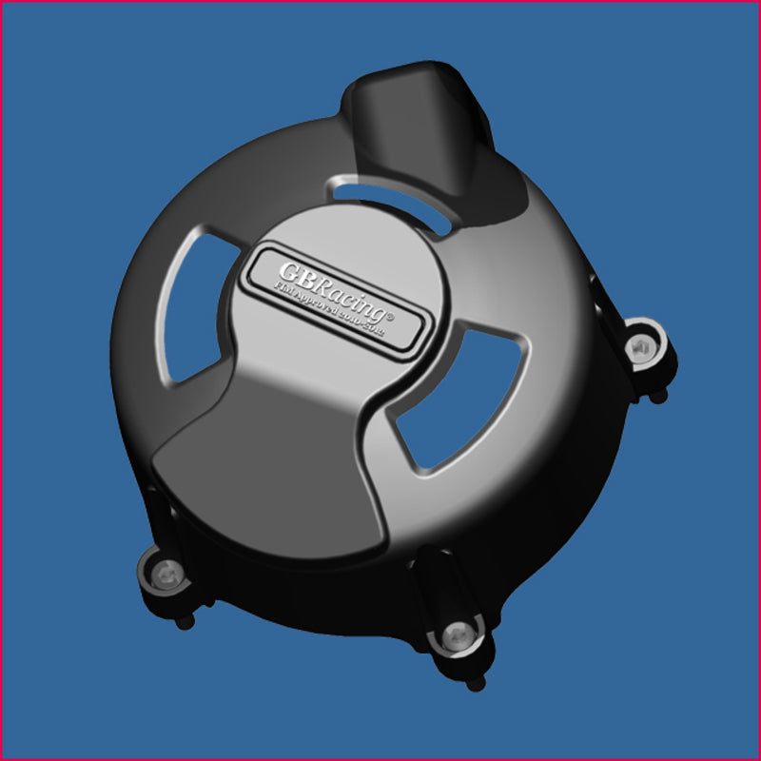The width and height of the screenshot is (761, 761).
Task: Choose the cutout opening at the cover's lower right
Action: pos(455,400)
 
